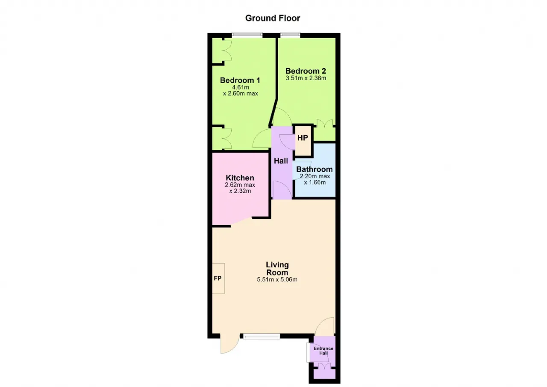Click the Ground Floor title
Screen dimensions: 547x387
click(x=273, y=18)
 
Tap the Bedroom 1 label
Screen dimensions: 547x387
click(x=240, y=80)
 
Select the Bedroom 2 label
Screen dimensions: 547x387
click(x=306, y=71)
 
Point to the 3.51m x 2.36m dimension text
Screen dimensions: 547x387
click(x=306, y=78)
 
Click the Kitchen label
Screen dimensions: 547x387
click(x=240, y=178)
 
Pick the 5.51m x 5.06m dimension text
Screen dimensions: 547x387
click(x=277, y=280)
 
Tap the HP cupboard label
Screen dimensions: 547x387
click(x=303, y=138)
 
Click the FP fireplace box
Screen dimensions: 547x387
click(x=218, y=278)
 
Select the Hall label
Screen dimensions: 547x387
click(x=281, y=161)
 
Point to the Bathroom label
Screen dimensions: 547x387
click(x=314, y=169)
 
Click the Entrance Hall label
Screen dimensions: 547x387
click(x=323, y=351)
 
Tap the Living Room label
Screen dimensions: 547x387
click(x=277, y=268)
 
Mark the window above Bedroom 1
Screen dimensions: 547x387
click(x=247, y=35)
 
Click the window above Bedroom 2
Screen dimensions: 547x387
click(x=290, y=35)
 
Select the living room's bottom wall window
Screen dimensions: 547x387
click(x=261, y=336)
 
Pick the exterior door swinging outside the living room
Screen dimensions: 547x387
click(x=229, y=344)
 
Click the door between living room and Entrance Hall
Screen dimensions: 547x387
click(x=324, y=327)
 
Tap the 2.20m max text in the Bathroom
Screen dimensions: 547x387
click(x=315, y=176)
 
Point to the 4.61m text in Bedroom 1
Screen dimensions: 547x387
click(x=241, y=87)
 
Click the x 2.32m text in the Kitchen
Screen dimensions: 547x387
click(x=240, y=191)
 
